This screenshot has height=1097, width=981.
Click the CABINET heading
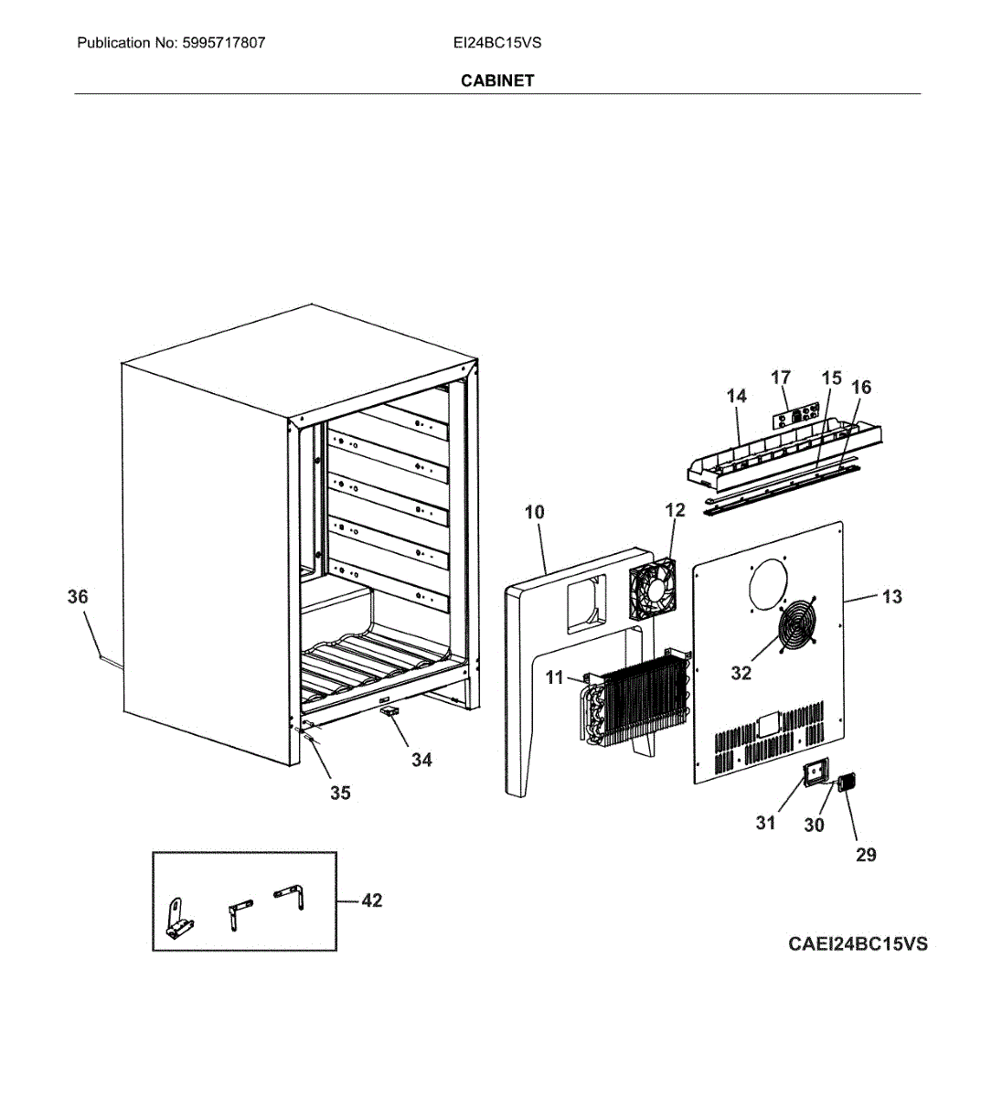pos(496,80)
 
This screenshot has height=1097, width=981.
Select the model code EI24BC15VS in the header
pos(496,43)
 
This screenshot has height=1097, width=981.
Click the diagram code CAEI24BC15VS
pos(857,943)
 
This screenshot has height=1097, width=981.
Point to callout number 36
pos(78,597)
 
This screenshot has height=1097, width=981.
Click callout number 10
pos(534,512)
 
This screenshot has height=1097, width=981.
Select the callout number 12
pos(675,510)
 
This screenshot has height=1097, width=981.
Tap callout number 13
pos(891,597)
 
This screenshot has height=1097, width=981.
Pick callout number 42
pos(371,900)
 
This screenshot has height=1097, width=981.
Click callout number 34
pos(421,760)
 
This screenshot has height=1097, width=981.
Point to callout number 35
pos(340,793)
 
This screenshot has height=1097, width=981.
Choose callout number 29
pos(866,855)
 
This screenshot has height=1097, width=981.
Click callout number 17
pos(781,378)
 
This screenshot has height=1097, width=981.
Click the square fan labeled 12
pos(652,590)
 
